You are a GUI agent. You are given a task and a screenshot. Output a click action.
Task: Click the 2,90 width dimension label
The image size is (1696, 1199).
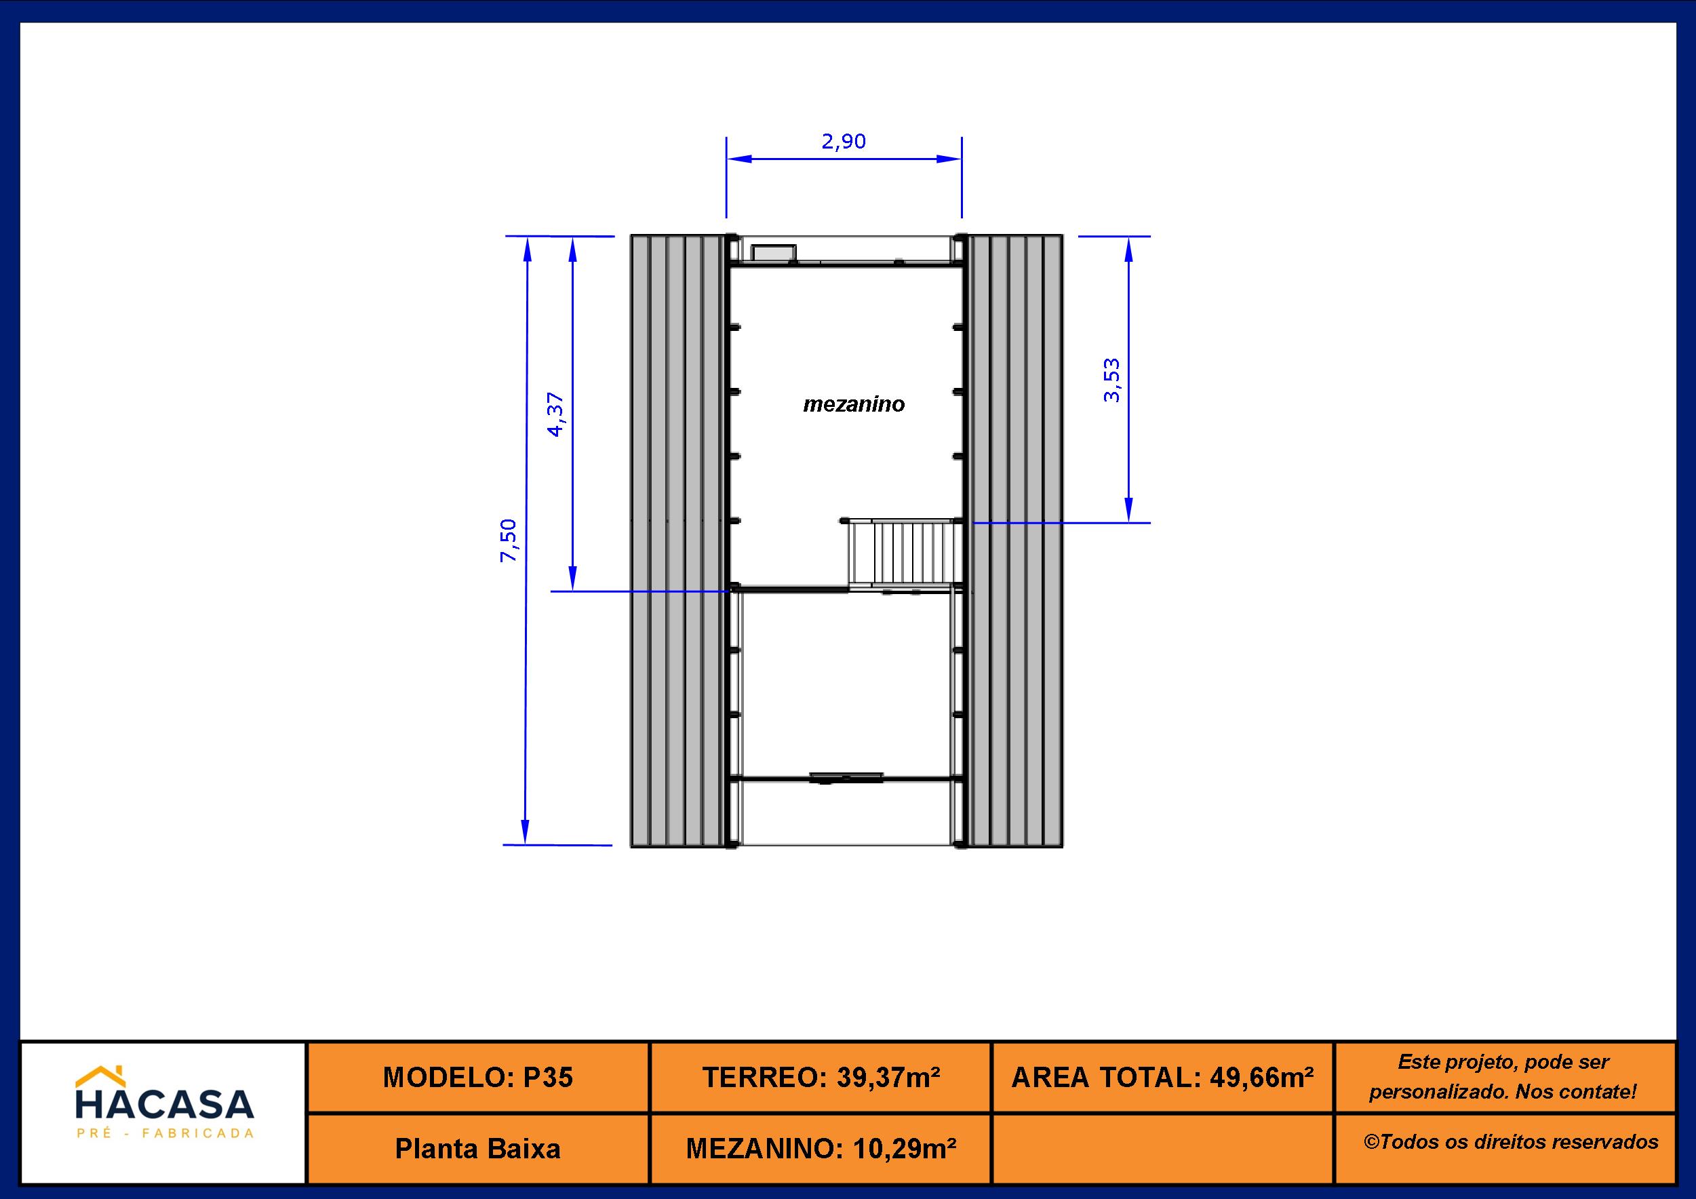click(844, 141)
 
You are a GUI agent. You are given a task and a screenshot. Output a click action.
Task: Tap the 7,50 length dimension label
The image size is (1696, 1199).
click(510, 540)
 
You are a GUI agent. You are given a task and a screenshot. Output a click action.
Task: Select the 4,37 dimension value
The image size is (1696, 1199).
click(555, 414)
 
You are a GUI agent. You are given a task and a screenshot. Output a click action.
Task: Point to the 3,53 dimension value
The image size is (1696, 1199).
click(1111, 380)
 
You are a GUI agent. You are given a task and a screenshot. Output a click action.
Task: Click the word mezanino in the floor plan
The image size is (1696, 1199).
click(854, 404)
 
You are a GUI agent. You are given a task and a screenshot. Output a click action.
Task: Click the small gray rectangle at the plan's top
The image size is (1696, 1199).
click(773, 252)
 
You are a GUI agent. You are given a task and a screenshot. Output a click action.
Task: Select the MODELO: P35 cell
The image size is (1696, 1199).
click(478, 1077)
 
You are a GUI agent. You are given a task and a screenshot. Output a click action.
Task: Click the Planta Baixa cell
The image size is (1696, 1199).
click(478, 1148)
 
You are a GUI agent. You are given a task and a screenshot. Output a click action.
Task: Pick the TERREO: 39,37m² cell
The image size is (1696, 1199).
click(821, 1077)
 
